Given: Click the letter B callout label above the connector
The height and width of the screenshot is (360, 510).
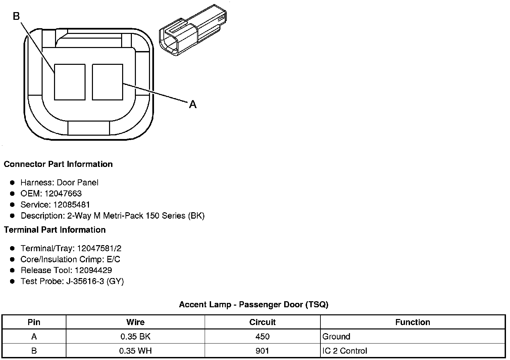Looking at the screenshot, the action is [16, 16].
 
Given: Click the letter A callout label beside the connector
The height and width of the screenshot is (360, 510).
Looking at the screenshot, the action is [193, 104].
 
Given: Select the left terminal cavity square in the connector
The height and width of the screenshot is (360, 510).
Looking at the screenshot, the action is [70, 82].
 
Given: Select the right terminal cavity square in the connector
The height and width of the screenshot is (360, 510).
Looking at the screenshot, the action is [107, 82].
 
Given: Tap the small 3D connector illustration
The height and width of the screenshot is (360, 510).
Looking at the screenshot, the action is [193, 30].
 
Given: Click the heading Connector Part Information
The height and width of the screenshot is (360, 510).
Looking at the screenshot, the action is [58, 164].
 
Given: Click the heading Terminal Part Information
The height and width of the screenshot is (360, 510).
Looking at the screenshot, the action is [55, 230].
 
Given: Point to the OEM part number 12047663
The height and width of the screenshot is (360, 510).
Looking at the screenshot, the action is [63, 193].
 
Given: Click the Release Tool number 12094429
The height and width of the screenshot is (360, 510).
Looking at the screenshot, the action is [93, 270].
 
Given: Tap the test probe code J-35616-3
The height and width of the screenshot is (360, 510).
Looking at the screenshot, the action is [85, 281].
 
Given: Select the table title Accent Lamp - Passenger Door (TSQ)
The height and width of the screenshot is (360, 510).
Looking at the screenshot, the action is [254, 305].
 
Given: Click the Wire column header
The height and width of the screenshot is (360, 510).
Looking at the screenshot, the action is [135, 322].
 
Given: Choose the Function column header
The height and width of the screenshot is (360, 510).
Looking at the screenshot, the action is [412, 322].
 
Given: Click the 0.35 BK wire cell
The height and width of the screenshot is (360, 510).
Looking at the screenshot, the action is [135, 336].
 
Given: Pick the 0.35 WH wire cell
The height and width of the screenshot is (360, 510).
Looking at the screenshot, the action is [135, 351].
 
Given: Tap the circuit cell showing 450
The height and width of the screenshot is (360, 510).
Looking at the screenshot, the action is [262, 336].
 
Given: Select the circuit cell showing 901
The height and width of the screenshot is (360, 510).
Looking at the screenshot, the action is [262, 351].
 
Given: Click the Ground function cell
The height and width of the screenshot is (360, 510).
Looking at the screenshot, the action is [336, 336].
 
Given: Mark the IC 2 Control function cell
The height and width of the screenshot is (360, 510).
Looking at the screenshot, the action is [345, 351].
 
